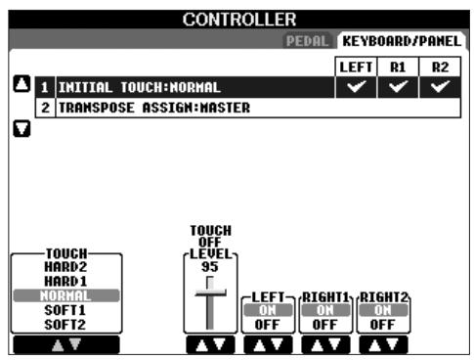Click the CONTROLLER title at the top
tap(237, 15)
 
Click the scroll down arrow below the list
tap(19, 129)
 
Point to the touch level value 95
tap(208, 264)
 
